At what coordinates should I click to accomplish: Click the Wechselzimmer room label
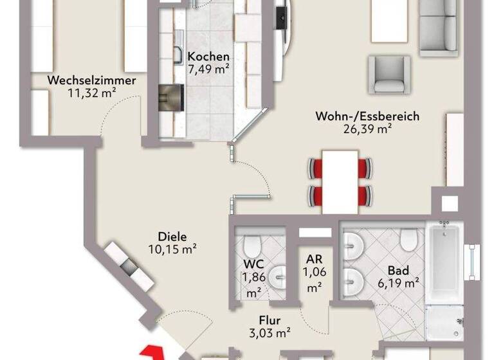coord(91,81)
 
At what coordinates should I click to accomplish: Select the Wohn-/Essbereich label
coord(367,117)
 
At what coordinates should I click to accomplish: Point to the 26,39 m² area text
coord(367,129)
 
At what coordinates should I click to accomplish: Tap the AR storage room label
coord(314,260)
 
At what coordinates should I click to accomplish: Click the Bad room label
coord(394,270)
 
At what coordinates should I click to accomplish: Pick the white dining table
coord(340,181)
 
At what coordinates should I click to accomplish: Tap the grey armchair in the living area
coord(389,75)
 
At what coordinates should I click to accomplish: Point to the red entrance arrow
coord(152,352)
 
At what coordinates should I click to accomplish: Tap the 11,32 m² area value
coord(91,93)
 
